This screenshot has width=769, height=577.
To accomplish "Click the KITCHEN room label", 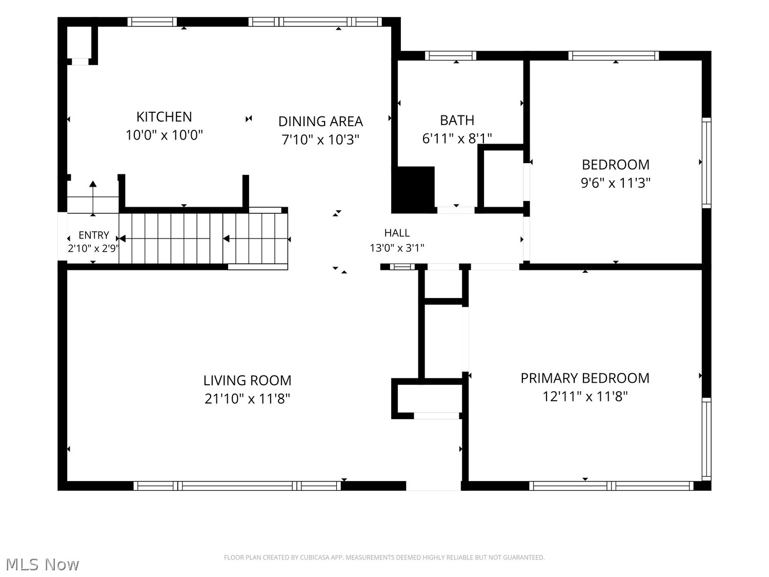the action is coord(164,116).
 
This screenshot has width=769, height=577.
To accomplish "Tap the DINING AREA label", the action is coord(320,122).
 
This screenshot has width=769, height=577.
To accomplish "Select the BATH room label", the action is coord(457,121).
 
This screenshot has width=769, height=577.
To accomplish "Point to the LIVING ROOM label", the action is coord(247,381).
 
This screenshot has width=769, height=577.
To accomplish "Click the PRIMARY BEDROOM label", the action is coord(585,379).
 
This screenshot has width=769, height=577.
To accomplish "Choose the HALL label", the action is coord(397,233).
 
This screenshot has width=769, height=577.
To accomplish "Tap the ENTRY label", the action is coord(93,235).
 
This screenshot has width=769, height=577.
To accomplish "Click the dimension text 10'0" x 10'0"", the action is coord(164,135).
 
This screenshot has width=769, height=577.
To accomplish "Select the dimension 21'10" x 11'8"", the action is coord(247,399).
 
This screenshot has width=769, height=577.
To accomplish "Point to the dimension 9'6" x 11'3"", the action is coord(616,183).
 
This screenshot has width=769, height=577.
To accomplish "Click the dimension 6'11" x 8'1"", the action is coord(457,138).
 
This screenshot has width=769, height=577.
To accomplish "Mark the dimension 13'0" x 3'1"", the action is coord(397,248).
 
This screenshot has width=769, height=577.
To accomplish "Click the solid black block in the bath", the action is coord(413,190).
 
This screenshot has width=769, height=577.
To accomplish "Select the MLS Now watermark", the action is coord(43,564).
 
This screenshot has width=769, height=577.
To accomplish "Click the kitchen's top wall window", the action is coord(152,22).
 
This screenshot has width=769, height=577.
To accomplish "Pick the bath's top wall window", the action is coord(451,56).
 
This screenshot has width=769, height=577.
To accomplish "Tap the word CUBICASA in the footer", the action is coord(314,558).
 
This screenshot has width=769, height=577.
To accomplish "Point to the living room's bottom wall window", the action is coord(237,486).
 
